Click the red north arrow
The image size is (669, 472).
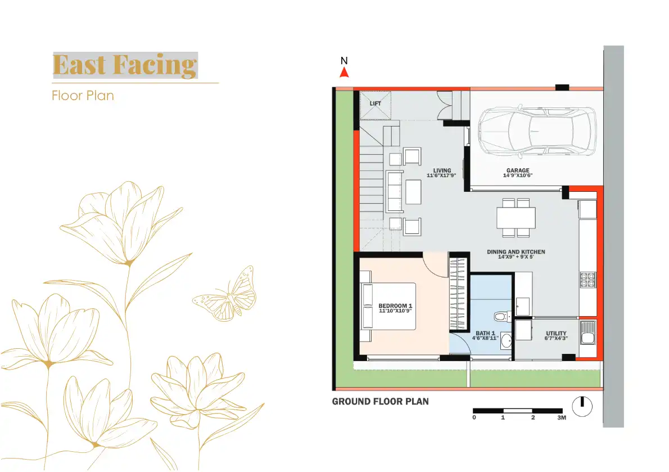[x=345, y=72]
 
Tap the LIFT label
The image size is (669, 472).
[x=375, y=104]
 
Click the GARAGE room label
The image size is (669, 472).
[x=517, y=171]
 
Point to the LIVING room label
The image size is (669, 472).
[x=442, y=171]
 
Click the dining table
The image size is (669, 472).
[x=516, y=217]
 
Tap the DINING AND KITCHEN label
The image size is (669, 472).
[x=516, y=252]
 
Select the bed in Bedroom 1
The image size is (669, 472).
[x=388, y=307]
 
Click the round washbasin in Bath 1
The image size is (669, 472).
[x=506, y=340]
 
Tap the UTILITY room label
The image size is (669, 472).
[x=556, y=334]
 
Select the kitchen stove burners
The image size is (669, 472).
[x=587, y=280]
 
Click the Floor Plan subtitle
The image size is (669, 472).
[x=83, y=95]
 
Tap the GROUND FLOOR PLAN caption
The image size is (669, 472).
[x=380, y=402]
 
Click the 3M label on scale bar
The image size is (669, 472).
[x=561, y=418]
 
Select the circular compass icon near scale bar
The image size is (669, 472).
[x=583, y=405]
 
